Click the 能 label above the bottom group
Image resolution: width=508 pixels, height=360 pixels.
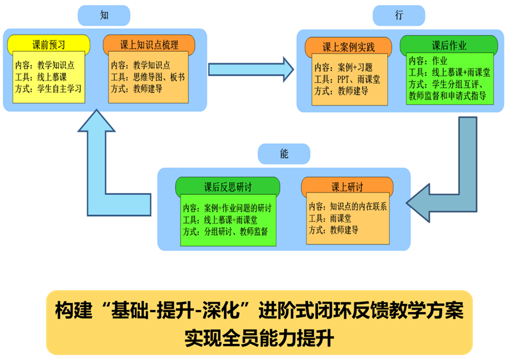[284, 154]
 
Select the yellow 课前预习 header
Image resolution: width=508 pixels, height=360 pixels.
[49, 45]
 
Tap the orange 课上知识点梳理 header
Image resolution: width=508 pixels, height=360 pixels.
[149, 45]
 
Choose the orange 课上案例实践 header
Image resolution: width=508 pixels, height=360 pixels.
[348, 47]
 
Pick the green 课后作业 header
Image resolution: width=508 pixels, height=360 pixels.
[448, 45]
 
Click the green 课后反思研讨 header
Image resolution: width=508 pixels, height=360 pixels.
[228, 187]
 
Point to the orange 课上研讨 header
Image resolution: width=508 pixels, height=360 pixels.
[347, 187]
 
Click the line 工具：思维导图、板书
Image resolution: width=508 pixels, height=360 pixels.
[148, 77]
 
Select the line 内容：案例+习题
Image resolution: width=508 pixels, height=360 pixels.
[343, 68]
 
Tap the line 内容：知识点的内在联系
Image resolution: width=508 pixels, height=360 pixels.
[347, 207]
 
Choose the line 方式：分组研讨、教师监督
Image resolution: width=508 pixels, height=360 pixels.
[225, 231]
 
